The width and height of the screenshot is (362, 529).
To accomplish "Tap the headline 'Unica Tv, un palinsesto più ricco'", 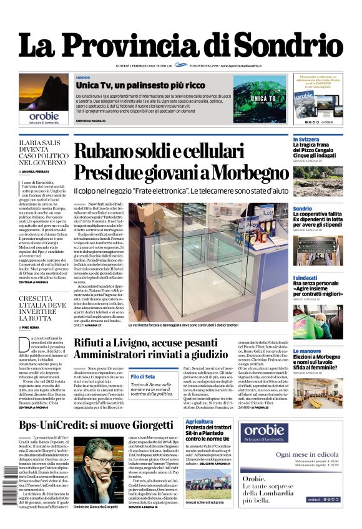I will [132, 85].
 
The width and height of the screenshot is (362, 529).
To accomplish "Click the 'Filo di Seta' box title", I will [143, 377].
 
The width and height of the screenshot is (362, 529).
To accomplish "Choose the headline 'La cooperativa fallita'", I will [318, 214].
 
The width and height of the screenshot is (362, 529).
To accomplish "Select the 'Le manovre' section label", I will [306, 351].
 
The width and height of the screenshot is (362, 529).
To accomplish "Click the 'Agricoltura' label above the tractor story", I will [198, 421].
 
